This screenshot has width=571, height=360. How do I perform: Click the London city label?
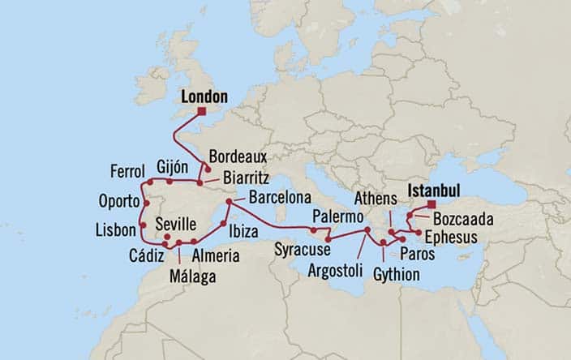coord(204,96)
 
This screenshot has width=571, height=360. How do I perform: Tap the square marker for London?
coord(202,112)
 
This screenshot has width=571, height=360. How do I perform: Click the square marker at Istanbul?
coord(431,204)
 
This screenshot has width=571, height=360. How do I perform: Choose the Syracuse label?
coord(300,247)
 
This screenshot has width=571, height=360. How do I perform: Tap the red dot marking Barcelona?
coord(230,202)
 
